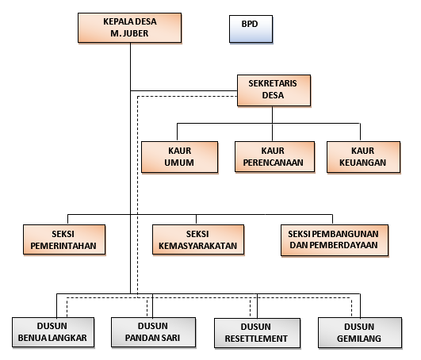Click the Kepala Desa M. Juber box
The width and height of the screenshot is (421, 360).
[130, 28]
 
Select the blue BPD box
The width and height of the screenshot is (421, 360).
[251, 29]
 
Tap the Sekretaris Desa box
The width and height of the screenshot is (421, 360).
[274, 90]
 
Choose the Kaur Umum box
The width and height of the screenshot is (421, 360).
[180, 157]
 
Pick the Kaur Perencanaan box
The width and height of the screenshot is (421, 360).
[274, 157]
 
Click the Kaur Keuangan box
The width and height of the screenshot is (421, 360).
[364, 157]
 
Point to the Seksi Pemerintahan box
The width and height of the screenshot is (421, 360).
[64, 239]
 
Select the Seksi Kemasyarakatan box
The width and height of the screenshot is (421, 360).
[198, 239]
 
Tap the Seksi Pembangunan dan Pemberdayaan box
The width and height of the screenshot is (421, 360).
[335, 240]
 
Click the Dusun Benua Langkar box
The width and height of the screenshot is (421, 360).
[53, 332]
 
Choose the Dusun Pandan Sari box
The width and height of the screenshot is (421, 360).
[153, 332]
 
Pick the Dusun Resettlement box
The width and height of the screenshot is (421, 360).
[257, 333]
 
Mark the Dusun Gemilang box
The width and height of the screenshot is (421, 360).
[360, 333]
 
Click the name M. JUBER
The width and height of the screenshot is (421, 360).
[129, 33]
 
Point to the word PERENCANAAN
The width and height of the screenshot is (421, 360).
[273, 163]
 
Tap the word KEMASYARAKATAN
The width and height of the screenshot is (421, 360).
[198, 246]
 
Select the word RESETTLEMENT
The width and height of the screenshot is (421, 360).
[256, 339]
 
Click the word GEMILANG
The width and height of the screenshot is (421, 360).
[359, 339]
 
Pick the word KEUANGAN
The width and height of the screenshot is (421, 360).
[363, 163]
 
